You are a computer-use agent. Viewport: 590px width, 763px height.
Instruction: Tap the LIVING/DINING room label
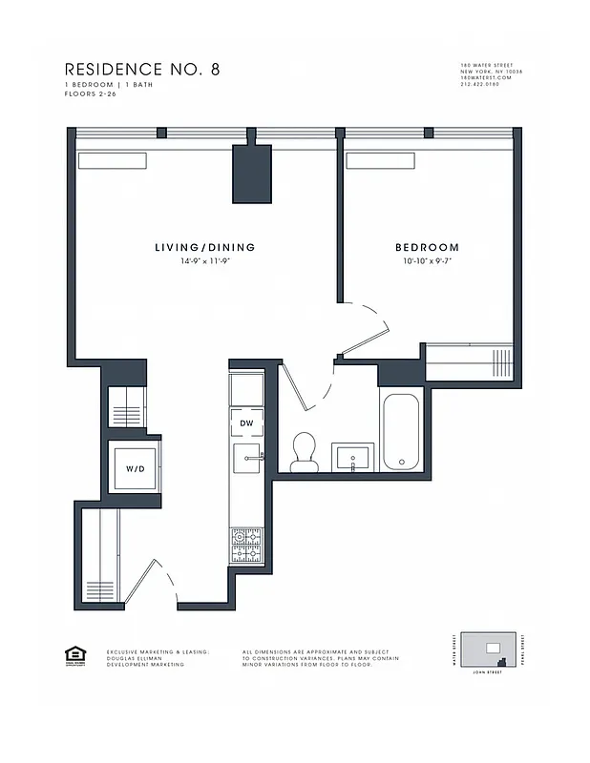[x=205, y=248]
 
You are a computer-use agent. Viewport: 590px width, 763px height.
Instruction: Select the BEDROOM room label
[x=422, y=248]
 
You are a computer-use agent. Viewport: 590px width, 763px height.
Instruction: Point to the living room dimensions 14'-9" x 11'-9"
[x=205, y=260]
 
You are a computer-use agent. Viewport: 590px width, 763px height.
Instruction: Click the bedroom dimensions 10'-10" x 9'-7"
[x=423, y=260]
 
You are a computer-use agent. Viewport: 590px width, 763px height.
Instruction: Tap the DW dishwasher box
[x=246, y=423]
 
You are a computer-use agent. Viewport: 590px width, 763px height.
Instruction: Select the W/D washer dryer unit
[x=133, y=468]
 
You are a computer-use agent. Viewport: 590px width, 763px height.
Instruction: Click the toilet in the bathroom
[x=305, y=451]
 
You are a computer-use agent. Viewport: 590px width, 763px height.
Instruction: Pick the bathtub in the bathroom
[x=400, y=432]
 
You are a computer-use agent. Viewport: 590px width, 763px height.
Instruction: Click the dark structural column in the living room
[x=252, y=174]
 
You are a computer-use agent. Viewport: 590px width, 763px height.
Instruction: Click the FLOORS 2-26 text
[x=92, y=93]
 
